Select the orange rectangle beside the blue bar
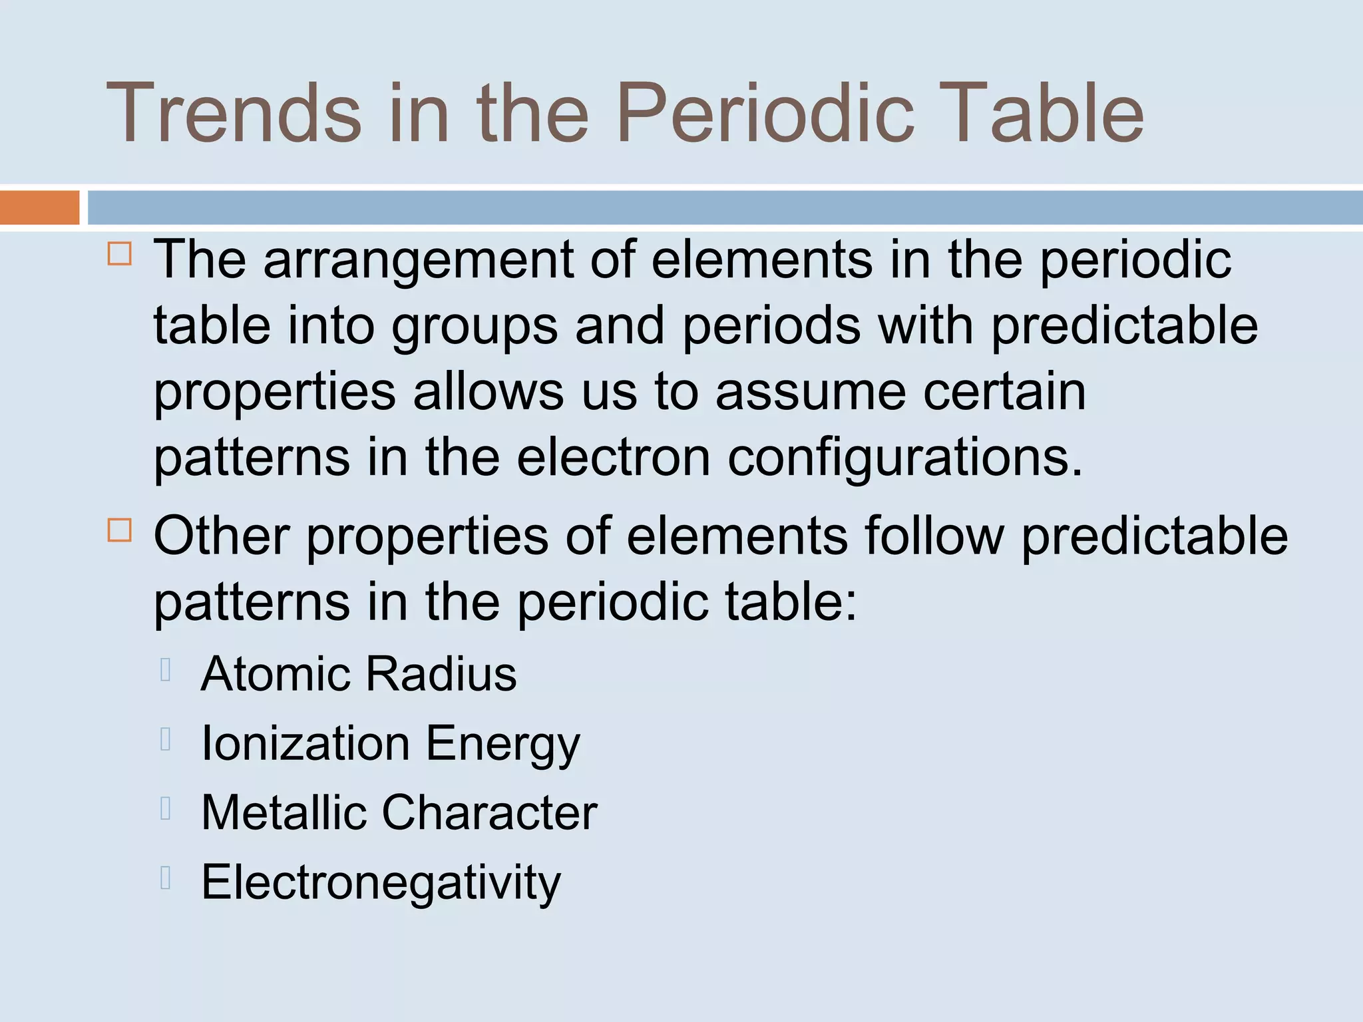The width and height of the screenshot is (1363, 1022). click(39, 207)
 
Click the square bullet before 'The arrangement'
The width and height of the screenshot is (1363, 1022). click(120, 254)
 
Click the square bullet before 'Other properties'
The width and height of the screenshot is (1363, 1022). click(120, 530)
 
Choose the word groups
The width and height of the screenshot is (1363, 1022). click(475, 327)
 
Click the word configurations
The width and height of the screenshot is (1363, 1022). click(905, 459)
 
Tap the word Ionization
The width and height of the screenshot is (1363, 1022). click(305, 743)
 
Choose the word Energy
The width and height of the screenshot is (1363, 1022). click(503, 745)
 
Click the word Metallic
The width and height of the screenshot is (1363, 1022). click(284, 812)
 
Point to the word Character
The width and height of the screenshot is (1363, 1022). click(489, 812)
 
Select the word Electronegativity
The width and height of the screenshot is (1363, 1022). click(381, 883)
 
